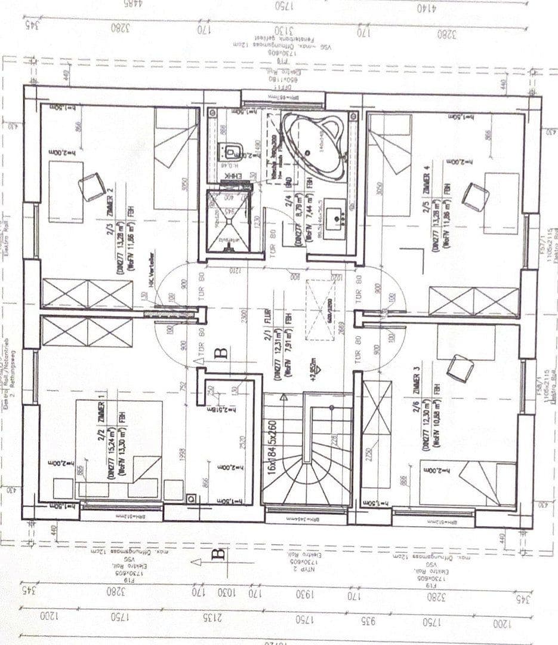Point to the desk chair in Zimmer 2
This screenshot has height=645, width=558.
pyautogui.click(x=92, y=186)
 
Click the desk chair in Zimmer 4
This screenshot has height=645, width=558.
pyautogui.click(x=476, y=196)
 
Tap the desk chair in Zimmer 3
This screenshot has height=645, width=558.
pyautogui.click(x=460, y=368)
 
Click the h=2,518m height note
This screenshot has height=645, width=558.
pyautogui.click(x=225, y=410)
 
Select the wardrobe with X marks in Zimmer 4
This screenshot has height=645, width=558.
pyautogui.click(x=474, y=301)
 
